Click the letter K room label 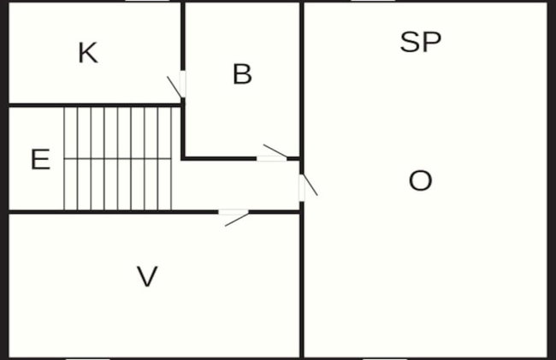pos(88,53)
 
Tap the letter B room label pos(243,74)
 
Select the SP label pos(421,42)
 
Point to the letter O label pos(421,180)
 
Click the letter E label pos(40,159)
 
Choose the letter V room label pos(147,276)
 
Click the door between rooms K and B pos(176,85)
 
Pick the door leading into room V pos(234,217)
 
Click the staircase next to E pos(118,158)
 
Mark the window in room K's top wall pos(147,1)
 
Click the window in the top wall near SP pos(373,1)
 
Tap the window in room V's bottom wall pos(88,358)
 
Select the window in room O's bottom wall pos(385,358)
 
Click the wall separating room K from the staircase pos(95,105)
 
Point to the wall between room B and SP pos(302,79)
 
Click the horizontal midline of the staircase pos(118,159)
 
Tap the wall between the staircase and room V pos(114,212)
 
